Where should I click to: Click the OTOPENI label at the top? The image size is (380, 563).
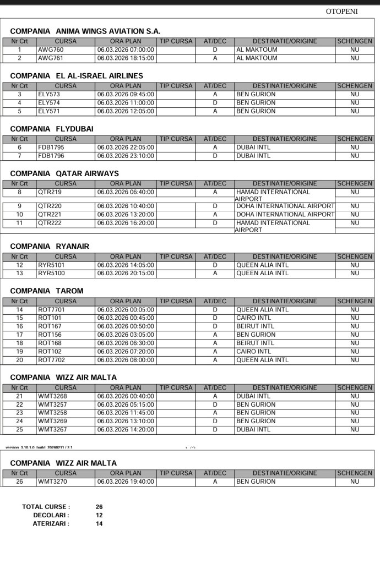(x=341, y=11)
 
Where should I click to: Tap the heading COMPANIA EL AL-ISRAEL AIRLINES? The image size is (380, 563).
(x=77, y=75)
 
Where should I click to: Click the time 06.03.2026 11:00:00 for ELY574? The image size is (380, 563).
(x=126, y=102)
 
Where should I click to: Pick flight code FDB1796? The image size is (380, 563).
(x=51, y=156)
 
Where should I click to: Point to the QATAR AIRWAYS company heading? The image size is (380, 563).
(x=64, y=173)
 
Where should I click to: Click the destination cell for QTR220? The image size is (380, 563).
(x=285, y=206)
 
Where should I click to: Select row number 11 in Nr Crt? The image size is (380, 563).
(x=19, y=223)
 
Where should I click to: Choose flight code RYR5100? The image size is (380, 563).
(x=51, y=273)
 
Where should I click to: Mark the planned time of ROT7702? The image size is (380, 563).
(x=126, y=360)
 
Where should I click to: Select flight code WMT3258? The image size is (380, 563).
(x=53, y=413)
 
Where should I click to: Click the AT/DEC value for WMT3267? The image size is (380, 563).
(x=215, y=429)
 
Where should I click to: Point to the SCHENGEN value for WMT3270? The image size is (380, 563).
(x=354, y=482)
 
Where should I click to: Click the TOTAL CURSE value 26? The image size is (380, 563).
(x=99, y=507)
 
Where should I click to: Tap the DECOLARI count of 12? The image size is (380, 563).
(x=99, y=515)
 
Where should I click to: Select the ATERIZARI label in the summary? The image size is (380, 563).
(x=51, y=523)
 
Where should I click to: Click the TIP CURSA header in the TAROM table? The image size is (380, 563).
(x=175, y=301)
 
